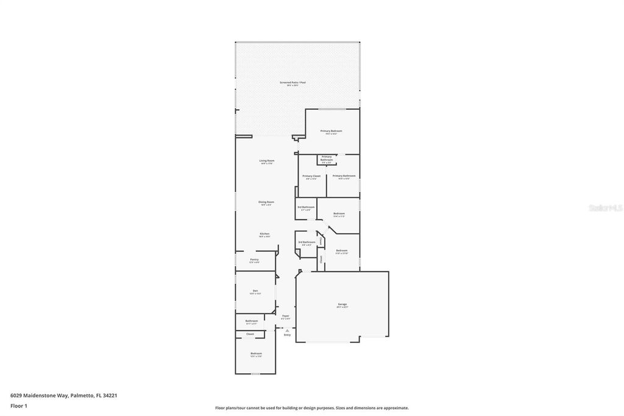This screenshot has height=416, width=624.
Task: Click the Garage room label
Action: (x=342, y=304)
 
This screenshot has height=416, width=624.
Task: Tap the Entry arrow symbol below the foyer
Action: (x=287, y=331)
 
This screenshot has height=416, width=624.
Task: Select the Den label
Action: (x=255, y=290)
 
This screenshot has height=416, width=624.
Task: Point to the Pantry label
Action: (x=255, y=260)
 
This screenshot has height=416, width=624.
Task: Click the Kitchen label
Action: (x=264, y=234)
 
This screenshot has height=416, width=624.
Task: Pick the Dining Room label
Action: (x=266, y=202)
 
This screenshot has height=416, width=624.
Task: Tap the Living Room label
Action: (x=267, y=160)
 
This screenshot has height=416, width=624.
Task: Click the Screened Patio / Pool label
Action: (x=292, y=82)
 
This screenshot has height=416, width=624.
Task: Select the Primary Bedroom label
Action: (x=331, y=131)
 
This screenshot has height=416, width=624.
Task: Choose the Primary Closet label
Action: (x=311, y=176)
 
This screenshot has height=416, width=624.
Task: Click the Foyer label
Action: (x=285, y=315)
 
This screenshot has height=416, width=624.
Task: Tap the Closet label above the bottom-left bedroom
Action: (x=250, y=334)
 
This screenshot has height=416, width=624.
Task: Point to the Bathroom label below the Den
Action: (x=252, y=321)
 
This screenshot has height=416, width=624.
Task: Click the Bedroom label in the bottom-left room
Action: (x=256, y=353)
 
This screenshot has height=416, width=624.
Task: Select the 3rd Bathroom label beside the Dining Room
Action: (x=306, y=207)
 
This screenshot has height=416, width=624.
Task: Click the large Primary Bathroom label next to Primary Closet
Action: (x=344, y=176)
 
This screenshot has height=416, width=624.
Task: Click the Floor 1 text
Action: (x=19, y=406)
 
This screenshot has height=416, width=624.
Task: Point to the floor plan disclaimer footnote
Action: (x=312, y=408)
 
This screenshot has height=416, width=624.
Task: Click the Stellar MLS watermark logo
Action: (x=606, y=208)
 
